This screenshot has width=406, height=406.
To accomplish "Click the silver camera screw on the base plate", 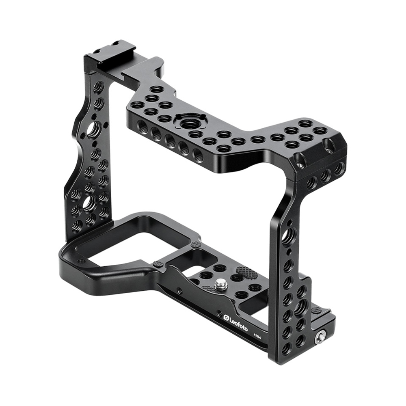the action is click(220, 283).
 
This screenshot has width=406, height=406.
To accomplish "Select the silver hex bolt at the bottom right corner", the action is click(319, 338).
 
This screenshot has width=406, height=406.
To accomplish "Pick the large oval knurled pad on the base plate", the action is click(247, 272).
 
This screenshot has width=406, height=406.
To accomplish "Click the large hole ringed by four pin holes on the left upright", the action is click(93, 128).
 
